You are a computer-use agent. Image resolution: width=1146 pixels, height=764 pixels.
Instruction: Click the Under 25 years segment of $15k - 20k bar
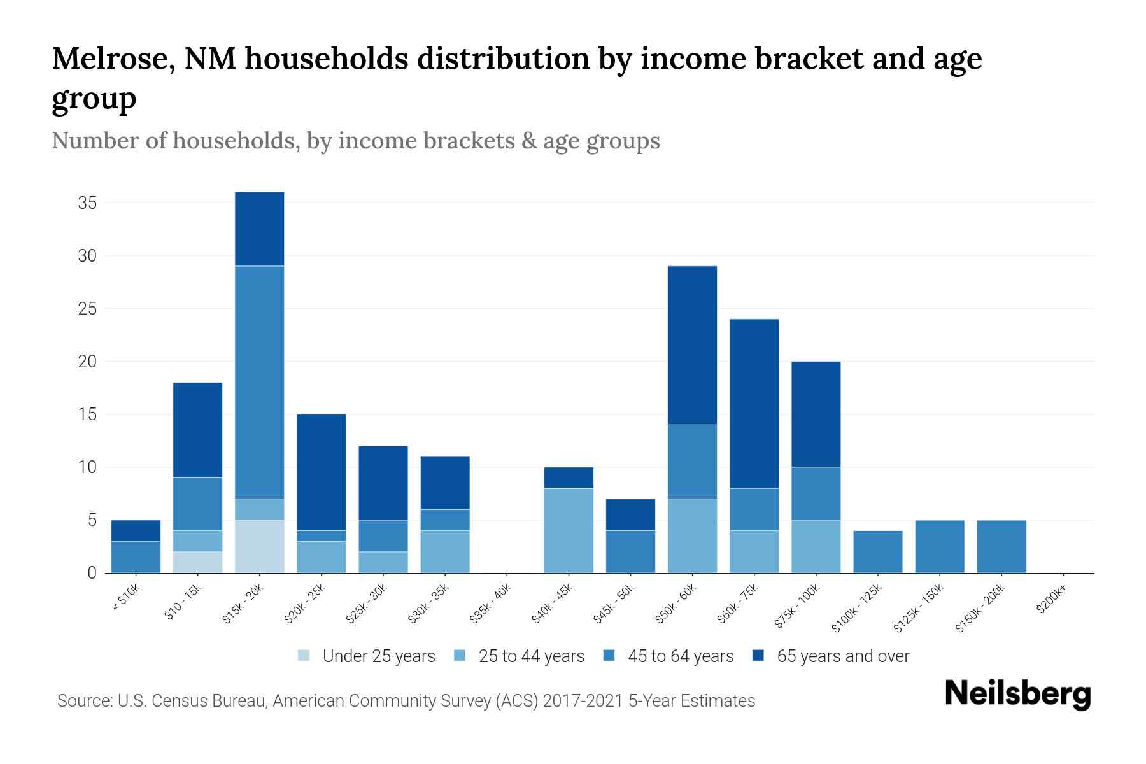(x=259, y=546)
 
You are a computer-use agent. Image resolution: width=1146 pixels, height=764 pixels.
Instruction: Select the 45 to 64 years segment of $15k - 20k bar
(x=259, y=382)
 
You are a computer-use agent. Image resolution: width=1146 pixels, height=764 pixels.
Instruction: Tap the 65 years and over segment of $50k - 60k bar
(x=692, y=345)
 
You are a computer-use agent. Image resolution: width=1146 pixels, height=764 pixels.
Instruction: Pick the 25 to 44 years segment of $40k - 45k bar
(x=569, y=530)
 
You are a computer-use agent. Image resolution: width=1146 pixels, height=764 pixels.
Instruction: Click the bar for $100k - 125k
(x=878, y=551)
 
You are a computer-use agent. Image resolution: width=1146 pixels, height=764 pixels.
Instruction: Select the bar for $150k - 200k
(x=1001, y=546)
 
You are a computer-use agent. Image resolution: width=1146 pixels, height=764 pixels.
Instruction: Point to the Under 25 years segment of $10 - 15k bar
(x=197, y=562)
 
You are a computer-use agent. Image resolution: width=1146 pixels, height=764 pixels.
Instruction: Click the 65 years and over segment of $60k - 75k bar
(x=754, y=404)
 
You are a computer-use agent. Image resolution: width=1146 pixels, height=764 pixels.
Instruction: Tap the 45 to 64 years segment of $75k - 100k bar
(x=816, y=493)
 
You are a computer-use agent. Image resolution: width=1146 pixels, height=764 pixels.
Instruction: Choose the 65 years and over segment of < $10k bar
(x=136, y=530)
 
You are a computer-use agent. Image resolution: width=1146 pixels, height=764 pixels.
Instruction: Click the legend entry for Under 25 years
(x=367, y=656)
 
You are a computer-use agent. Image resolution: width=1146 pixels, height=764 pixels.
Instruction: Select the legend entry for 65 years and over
(x=831, y=656)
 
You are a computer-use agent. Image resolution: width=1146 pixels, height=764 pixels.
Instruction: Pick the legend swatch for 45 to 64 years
(x=609, y=656)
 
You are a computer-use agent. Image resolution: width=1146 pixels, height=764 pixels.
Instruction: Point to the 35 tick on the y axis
(x=87, y=203)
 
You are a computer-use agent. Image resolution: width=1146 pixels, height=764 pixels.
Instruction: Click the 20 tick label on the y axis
(x=87, y=362)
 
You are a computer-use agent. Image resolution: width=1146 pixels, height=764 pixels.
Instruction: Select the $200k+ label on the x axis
(x=1050, y=601)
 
